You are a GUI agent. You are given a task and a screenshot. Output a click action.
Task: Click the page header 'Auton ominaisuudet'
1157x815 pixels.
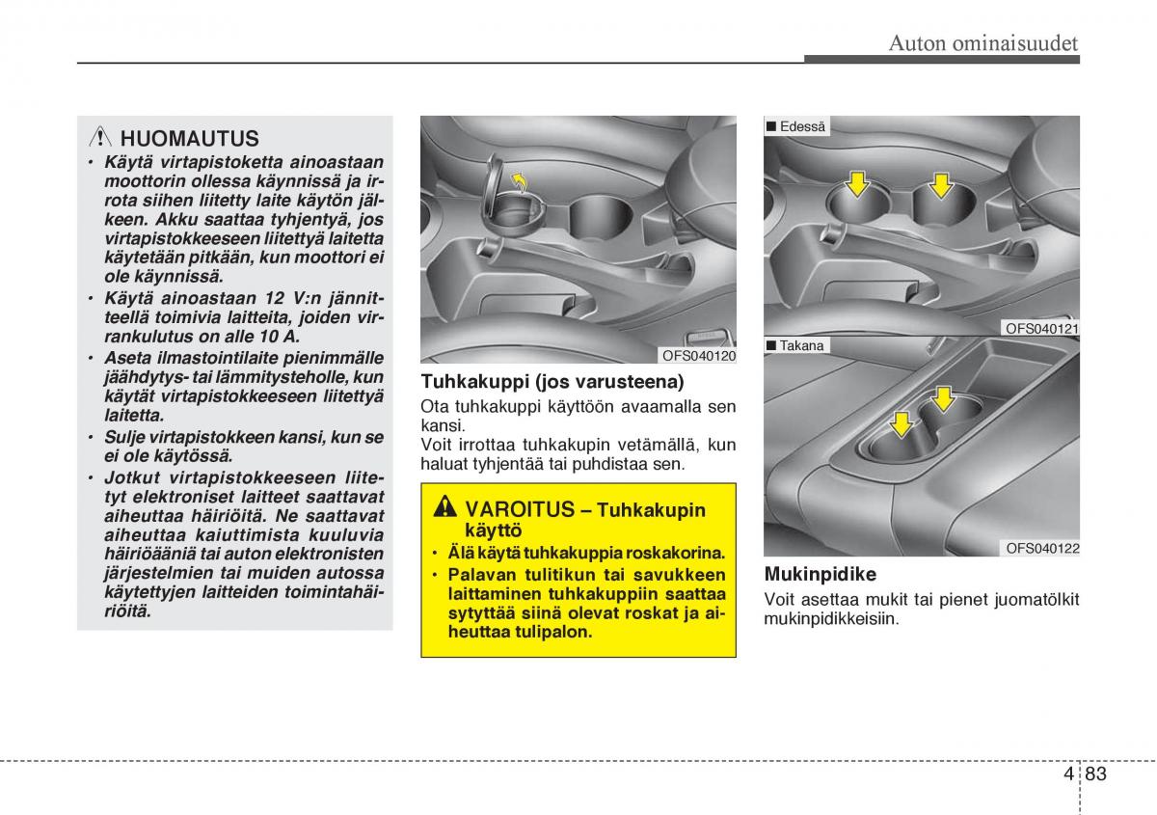982,42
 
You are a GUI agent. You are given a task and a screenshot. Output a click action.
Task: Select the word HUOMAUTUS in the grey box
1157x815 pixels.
190,139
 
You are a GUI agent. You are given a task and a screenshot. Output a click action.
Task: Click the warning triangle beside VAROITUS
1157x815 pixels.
444,508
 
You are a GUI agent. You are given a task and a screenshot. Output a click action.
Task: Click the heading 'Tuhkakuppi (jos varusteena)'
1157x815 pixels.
552,381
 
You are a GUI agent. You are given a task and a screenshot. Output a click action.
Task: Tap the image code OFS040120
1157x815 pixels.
699,356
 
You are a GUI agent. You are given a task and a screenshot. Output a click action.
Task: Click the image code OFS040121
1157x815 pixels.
1042,329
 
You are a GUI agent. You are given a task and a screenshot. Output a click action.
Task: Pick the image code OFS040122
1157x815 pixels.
1042,549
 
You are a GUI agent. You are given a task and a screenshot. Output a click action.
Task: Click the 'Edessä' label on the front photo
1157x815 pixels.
803,126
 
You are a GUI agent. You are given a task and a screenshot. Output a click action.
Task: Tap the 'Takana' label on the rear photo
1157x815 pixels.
803,345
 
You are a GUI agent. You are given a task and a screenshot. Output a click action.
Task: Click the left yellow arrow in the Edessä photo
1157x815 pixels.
856,180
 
